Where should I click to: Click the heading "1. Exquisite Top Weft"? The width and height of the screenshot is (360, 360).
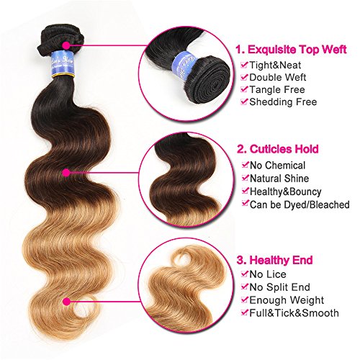coord(291,50)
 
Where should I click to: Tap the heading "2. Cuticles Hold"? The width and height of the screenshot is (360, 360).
coord(278,149)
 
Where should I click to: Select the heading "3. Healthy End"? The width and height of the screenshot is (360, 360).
coord(274,260)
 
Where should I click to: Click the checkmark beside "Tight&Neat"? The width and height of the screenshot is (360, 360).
coord(244,65)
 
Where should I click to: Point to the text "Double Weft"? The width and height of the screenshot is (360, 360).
coord(278,77)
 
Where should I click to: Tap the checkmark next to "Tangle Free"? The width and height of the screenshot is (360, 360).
coord(244,89)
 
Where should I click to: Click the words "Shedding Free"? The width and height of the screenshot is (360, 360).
coord(283,102)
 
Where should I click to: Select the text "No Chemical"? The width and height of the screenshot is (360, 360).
coord(277,166)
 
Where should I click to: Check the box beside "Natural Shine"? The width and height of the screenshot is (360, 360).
coord(245,178)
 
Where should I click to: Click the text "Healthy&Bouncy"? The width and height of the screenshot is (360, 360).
coord(286,192)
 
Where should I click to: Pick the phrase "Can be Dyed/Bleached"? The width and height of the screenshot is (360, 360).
coord(300,204)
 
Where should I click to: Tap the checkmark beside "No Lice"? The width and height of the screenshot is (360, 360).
coord(245,274)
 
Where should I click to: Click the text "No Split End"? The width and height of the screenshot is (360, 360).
coord(279,287)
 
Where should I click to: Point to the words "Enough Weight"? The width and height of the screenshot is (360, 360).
coord(287,300)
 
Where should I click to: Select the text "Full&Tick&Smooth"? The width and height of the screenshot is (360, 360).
coord(294,313)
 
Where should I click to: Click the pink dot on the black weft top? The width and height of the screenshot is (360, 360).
coord(66,45)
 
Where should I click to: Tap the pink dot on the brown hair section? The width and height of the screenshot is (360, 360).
coord(66,173)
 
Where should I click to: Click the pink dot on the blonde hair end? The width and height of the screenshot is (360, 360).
coord(67,302)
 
